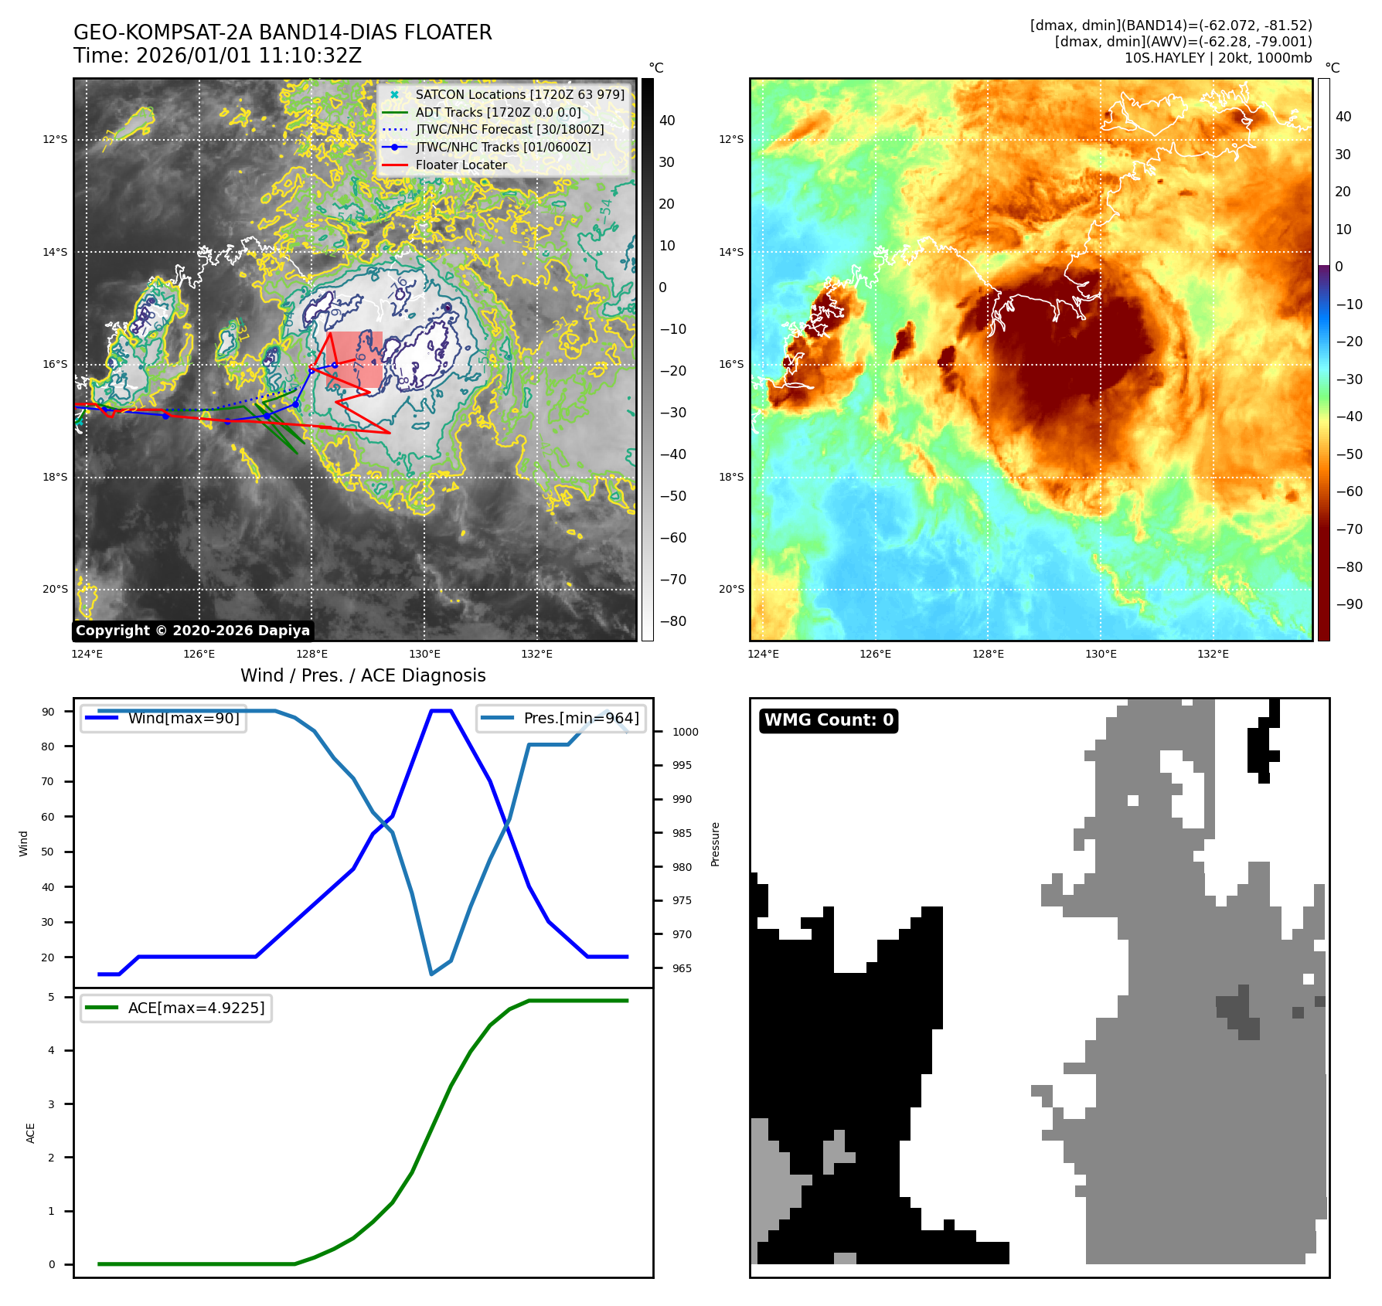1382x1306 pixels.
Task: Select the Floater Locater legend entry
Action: [x=461, y=165]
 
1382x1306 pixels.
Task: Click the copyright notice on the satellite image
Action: [x=192, y=631]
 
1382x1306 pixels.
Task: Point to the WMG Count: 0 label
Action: [x=829, y=720]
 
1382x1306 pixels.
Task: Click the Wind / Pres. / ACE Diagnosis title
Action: [x=363, y=675]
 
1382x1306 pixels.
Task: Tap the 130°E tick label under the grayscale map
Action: [x=424, y=654]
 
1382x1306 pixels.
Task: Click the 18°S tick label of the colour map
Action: [x=731, y=477]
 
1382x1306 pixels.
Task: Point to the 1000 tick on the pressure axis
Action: [x=685, y=732]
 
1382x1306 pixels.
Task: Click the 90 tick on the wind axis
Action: [x=49, y=712]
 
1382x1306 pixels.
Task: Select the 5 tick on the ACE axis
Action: [x=52, y=997]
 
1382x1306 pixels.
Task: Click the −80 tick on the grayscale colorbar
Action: [x=672, y=621]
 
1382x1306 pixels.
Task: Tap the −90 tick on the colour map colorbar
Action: [x=1349, y=604]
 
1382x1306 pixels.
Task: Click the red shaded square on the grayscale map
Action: [x=354, y=359]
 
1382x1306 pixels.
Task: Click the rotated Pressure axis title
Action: [x=716, y=844]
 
